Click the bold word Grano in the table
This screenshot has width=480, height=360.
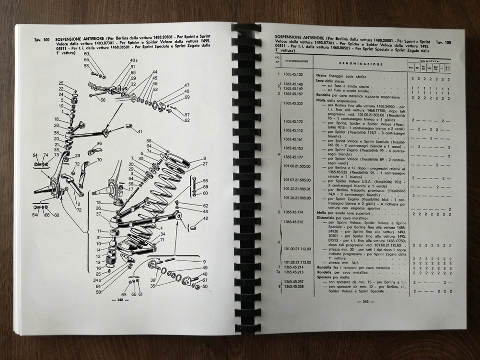pyautogui.click(x=321, y=76)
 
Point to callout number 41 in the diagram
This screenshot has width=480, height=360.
pyautogui.click(x=140, y=131)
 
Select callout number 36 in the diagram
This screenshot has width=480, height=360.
pyautogui.click(x=99, y=143)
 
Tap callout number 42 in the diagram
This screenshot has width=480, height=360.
pyautogui.click(x=205, y=219)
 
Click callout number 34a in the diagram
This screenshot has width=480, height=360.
pyautogui.click(x=97, y=280)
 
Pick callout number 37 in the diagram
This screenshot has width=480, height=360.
pyautogui.click(x=98, y=214)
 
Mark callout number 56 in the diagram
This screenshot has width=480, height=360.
pyautogui.click(x=103, y=101)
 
